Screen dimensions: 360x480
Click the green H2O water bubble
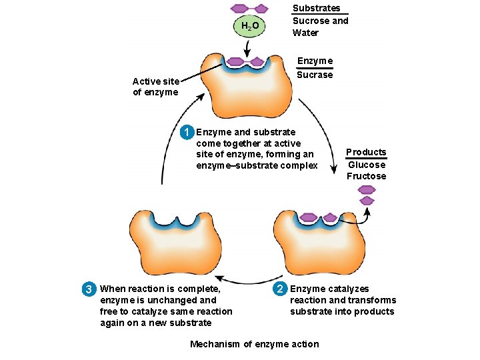click(x=247, y=27)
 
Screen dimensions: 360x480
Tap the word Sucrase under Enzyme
click(x=314, y=75)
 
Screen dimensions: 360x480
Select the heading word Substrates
click(x=317, y=9)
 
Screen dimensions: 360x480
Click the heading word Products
click(x=366, y=152)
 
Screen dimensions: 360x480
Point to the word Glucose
click(x=367, y=165)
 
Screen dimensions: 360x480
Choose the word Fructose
click(x=366, y=177)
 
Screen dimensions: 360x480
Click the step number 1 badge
click(x=189, y=131)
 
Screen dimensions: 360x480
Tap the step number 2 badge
click(x=281, y=289)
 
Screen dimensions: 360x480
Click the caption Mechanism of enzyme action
click(x=254, y=344)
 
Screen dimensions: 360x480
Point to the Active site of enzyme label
click(x=155, y=87)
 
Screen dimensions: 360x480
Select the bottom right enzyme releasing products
click(x=319, y=243)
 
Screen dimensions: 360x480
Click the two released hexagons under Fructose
click(x=367, y=195)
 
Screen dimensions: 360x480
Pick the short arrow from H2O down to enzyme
click(x=247, y=47)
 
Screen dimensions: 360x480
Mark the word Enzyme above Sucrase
click(x=315, y=61)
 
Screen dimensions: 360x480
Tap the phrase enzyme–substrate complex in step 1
click(x=257, y=166)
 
